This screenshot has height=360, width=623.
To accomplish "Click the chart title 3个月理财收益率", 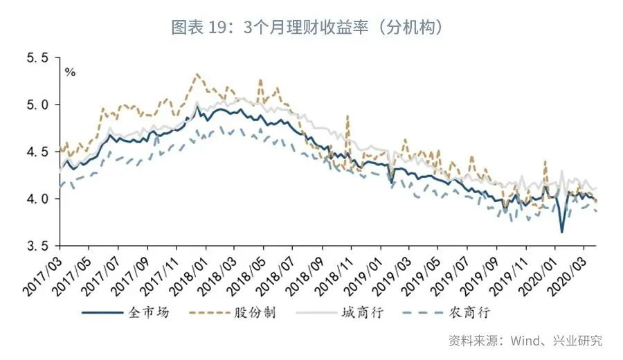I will point(308,28).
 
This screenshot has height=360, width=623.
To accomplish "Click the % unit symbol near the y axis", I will point(70,72).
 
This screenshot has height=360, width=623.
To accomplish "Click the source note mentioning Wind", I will point(525,341).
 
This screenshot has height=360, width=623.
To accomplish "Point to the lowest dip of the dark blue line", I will point(562,232).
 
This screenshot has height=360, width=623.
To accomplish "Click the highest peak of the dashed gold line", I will point(197,74).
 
